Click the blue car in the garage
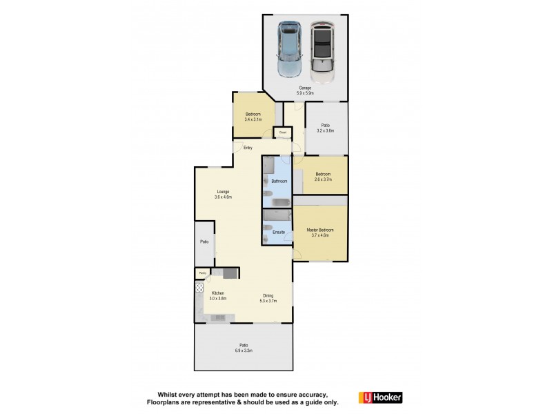288,50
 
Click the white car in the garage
322,48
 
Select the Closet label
282,132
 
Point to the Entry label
248,148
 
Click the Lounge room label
222,194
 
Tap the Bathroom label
279,181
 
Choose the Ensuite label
279,232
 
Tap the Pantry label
203,274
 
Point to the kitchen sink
219,317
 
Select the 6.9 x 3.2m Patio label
244,348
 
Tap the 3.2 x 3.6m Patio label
325,128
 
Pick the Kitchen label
219,295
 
